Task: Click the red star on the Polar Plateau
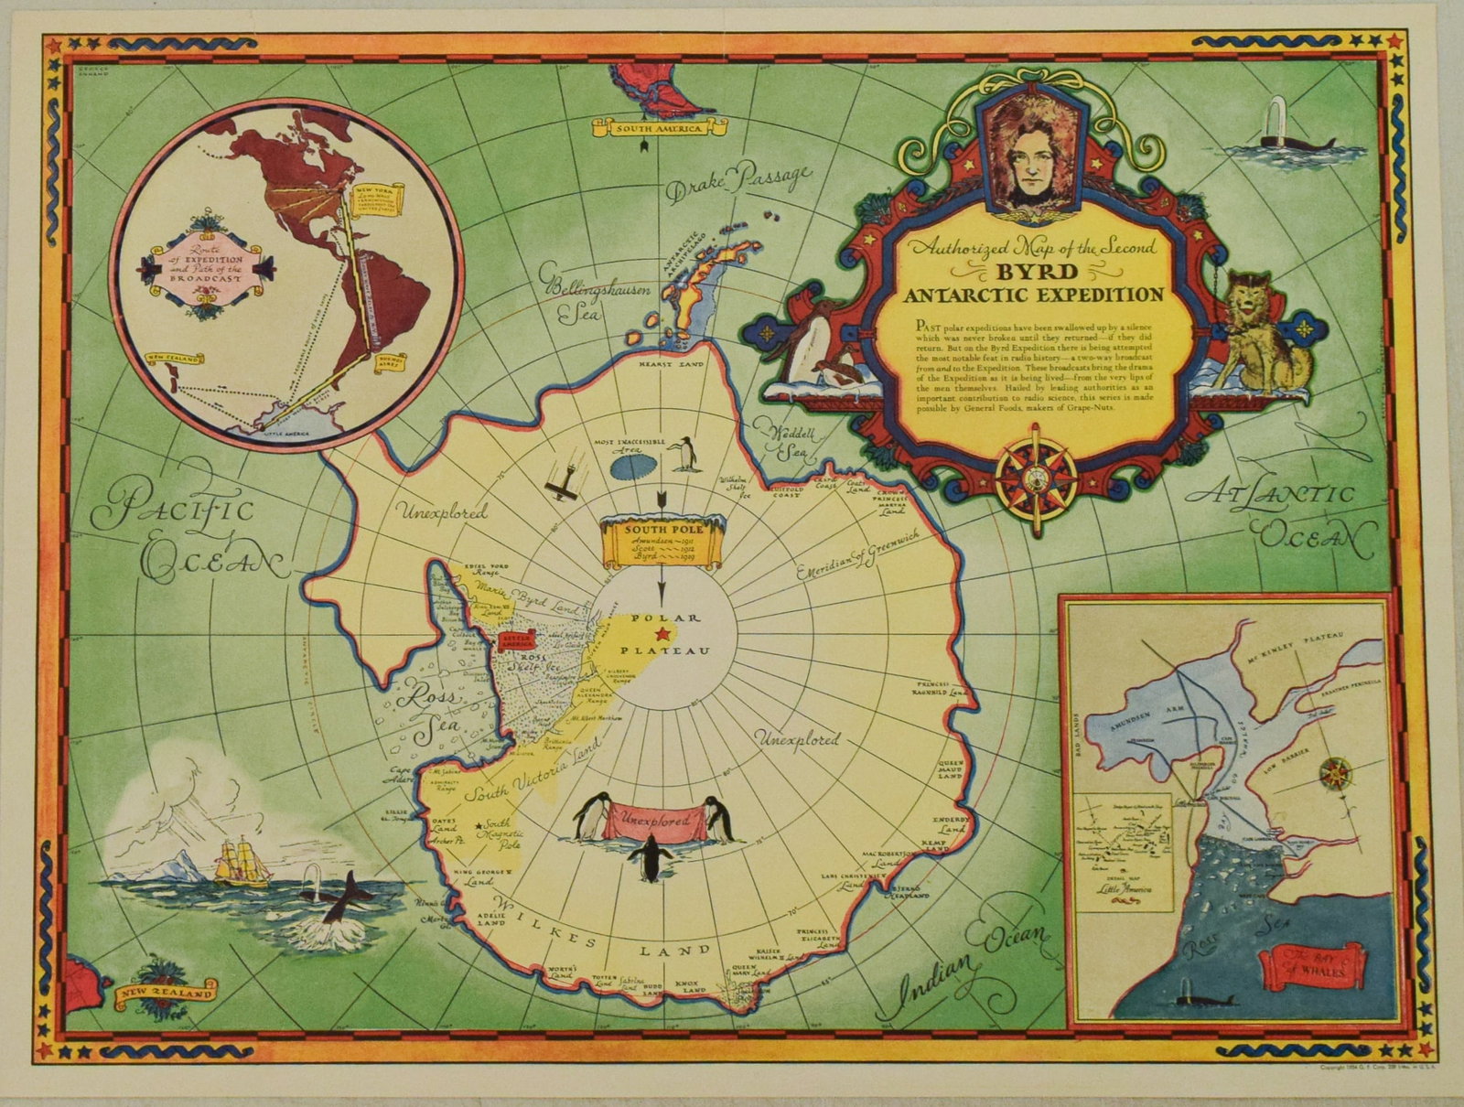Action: (662, 634)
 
